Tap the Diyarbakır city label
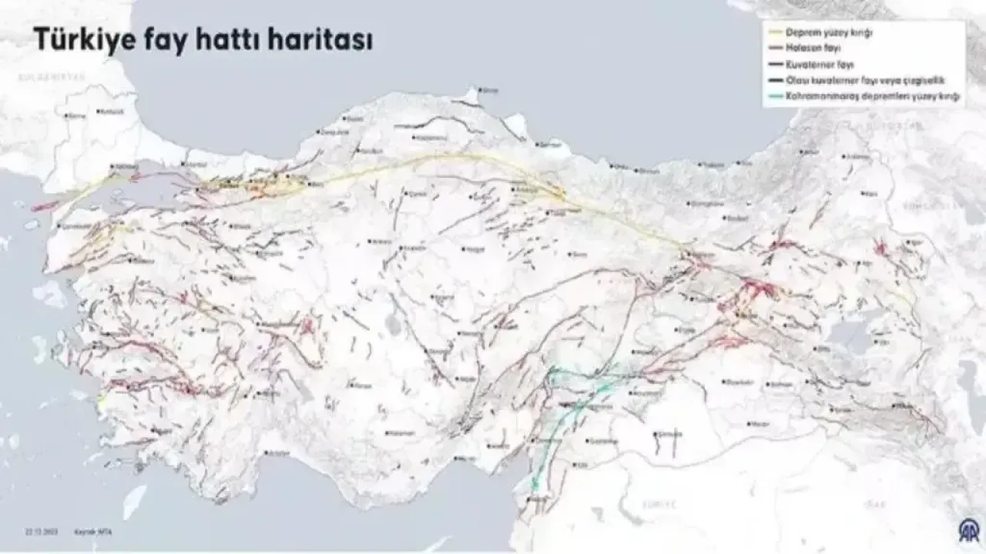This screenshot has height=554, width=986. click(x=738, y=381)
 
